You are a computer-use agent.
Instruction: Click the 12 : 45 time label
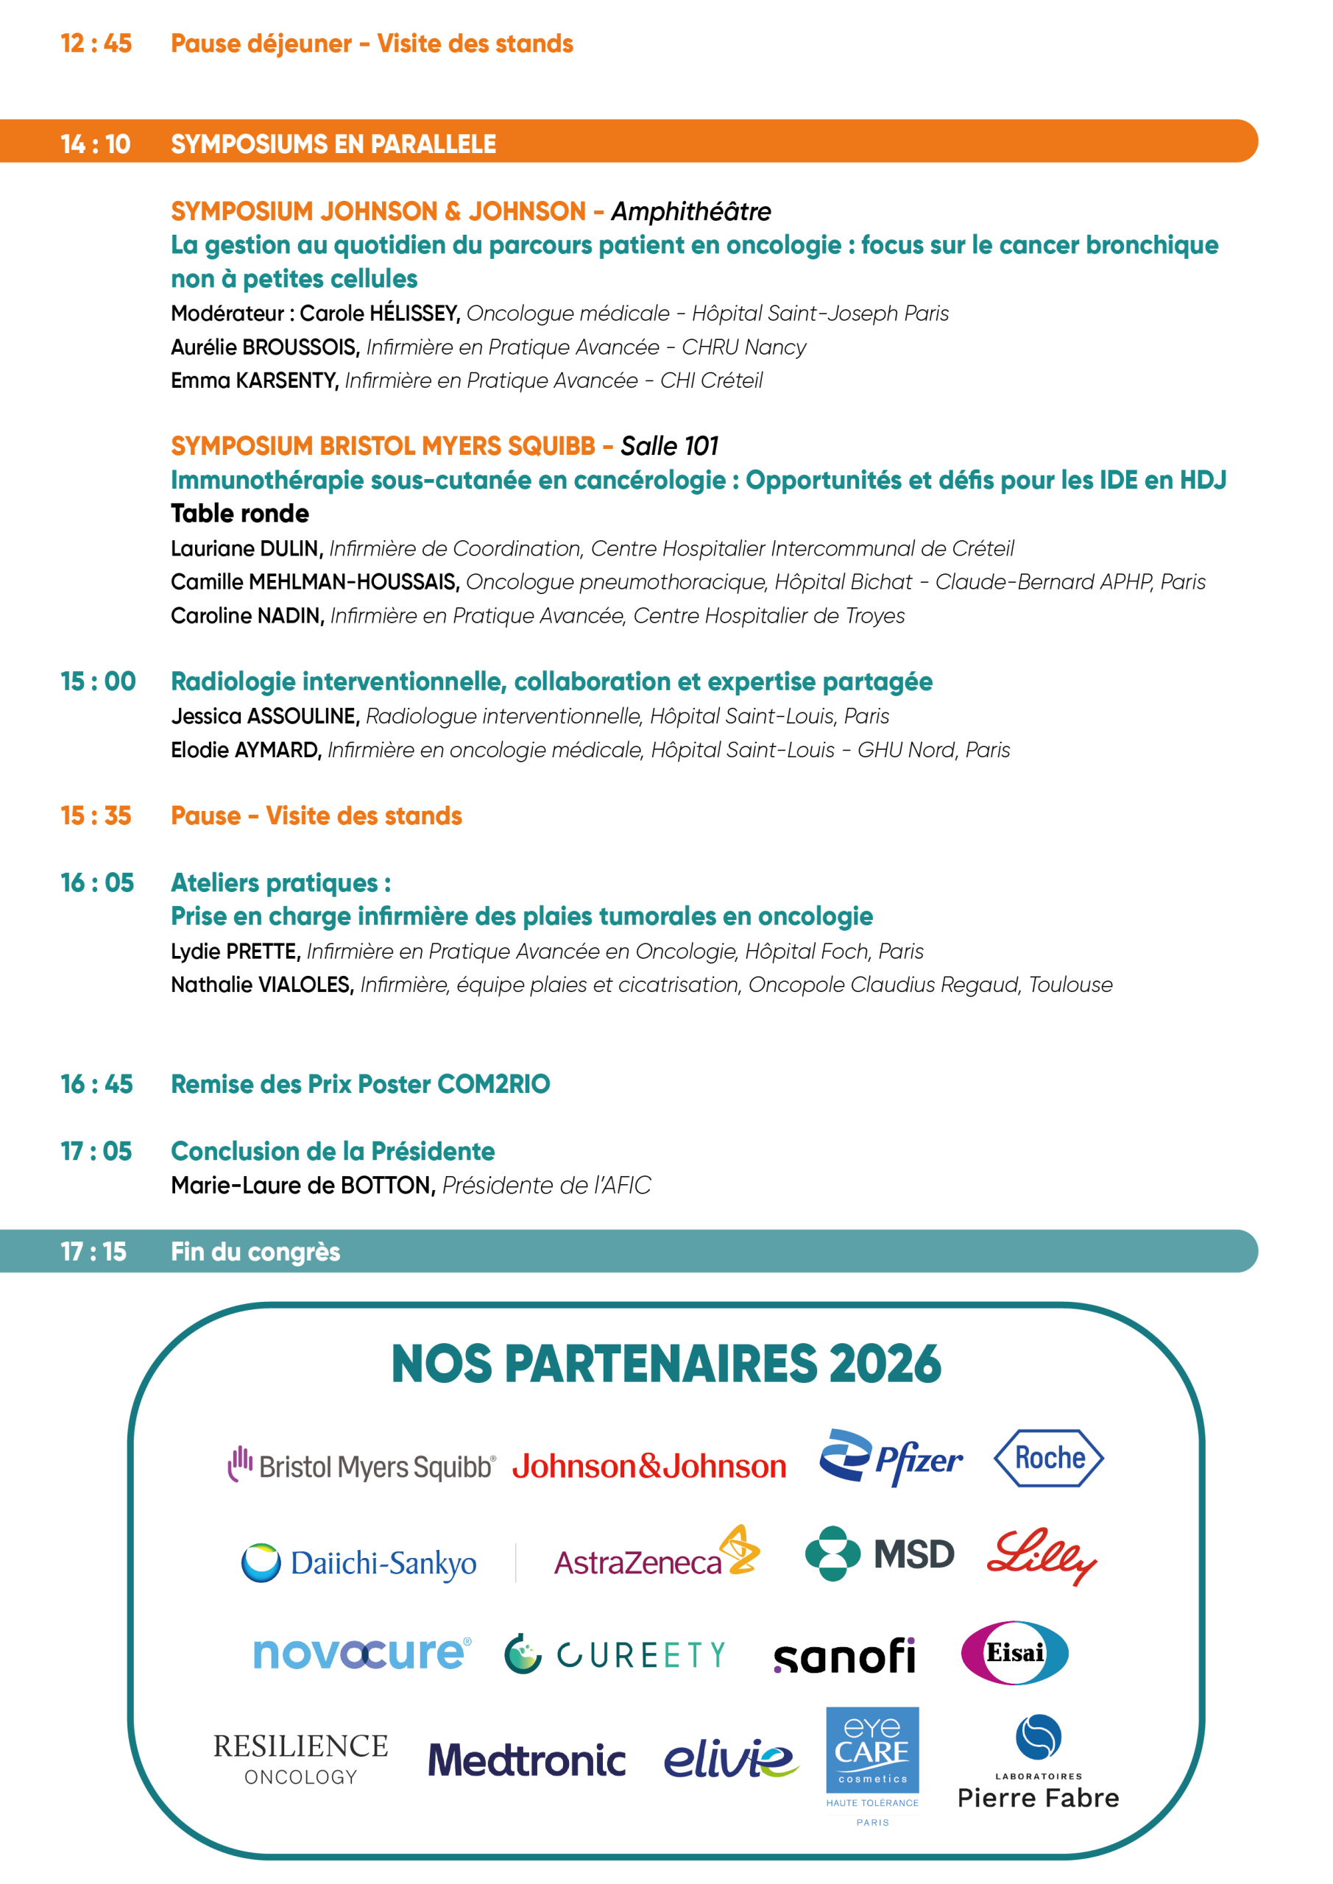[96, 43]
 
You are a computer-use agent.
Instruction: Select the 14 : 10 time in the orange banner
[95, 144]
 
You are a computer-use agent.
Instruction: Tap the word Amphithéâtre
[690, 212]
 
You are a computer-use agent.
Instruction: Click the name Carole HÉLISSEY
[378, 314]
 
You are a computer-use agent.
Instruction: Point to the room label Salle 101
[669, 447]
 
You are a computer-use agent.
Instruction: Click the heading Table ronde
[240, 514]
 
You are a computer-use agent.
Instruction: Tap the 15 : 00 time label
[98, 682]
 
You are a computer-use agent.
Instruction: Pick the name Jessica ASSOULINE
[265, 716]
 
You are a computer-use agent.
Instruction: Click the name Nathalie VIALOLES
[262, 985]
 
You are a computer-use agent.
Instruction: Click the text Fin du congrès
[255, 1252]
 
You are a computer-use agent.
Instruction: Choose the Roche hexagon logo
[1048, 1458]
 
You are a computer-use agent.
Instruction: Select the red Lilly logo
[1041, 1556]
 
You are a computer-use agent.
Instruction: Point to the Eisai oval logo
[1014, 1653]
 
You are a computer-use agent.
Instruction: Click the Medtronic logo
[526, 1760]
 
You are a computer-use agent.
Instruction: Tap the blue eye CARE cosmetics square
[871, 1750]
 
